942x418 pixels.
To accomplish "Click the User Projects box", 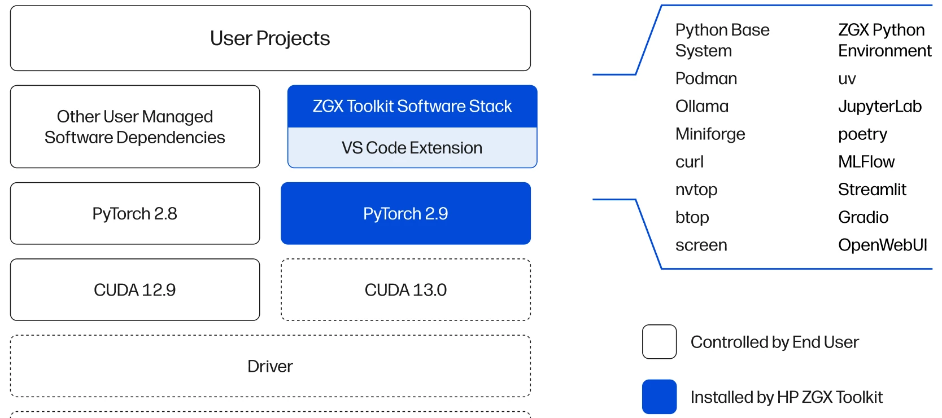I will click(x=270, y=38).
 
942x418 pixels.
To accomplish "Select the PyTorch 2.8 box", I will click(x=134, y=213).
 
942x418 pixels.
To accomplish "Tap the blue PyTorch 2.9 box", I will click(x=405, y=213).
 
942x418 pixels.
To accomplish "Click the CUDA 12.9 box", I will click(x=134, y=289).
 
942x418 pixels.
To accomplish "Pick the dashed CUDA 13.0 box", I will click(x=405, y=289).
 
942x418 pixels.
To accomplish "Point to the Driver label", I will click(x=270, y=366).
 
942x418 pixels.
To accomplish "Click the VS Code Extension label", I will click(x=412, y=148).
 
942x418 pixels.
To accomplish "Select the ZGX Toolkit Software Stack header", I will click(x=412, y=106).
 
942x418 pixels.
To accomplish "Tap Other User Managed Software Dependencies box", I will click(x=134, y=126).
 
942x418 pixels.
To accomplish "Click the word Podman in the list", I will click(x=706, y=78).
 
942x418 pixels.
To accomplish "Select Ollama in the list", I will click(x=702, y=106).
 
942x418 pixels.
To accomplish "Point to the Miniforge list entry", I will click(x=710, y=134).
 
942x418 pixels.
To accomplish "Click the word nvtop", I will click(x=696, y=190).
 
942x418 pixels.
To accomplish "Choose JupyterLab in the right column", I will click(x=879, y=106).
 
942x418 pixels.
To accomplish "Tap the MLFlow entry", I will click(x=866, y=162).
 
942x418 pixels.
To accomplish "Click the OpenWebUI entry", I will click(x=882, y=245).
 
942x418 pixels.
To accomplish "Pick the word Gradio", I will click(x=863, y=217).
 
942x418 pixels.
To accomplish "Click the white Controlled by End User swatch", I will click(x=659, y=342).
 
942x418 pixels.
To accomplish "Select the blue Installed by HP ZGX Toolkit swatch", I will click(x=659, y=397).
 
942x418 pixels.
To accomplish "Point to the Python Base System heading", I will click(x=722, y=40).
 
